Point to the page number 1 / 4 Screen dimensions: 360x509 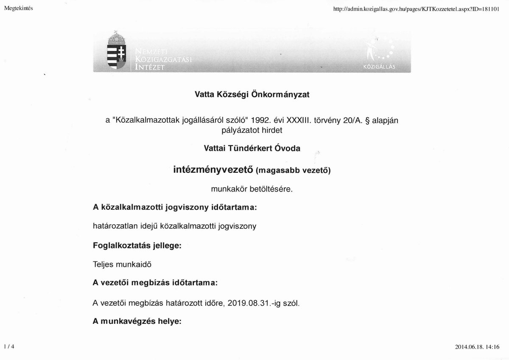pyautogui.click(x=8, y=346)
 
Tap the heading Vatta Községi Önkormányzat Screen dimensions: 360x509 pyautogui.click(x=252, y=95)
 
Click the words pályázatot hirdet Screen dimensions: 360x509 pyautogui.click(x=252, y=130)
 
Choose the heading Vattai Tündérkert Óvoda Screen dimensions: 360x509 pyautogui.click(x=252, y=148)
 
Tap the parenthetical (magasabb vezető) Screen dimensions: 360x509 pyautogui.click(x=293, y=171)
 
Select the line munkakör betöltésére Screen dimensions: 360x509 pyautogui.click(x=252, y=189)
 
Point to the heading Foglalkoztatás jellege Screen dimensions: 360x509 pyautogui.click(x=137, y=245)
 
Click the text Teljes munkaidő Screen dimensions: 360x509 pyautogui.click(x=122, y=264)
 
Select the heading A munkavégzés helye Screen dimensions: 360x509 pyautogui.click(x=137, y=321)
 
